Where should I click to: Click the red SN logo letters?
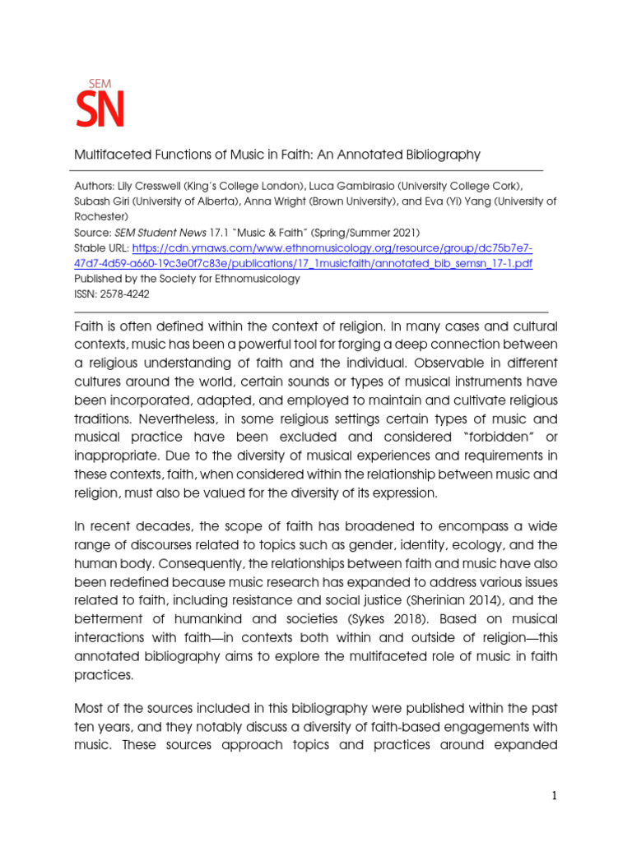[100, 109]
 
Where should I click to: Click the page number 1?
[555, 795]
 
